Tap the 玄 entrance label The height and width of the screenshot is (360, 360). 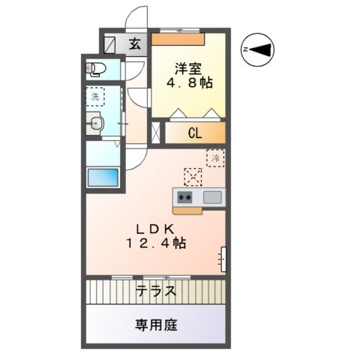135,44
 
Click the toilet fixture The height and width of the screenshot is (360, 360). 97,70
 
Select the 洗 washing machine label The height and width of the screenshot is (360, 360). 94,96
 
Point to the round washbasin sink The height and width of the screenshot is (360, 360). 95,124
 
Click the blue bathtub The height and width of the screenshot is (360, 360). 101,178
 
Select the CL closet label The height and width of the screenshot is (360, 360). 195,134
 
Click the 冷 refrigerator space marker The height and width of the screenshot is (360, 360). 215,158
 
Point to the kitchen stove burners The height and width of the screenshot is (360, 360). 184,197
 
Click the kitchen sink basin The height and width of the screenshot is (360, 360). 212,197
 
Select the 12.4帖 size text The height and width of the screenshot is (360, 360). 155,244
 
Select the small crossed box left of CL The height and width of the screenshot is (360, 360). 156,134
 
